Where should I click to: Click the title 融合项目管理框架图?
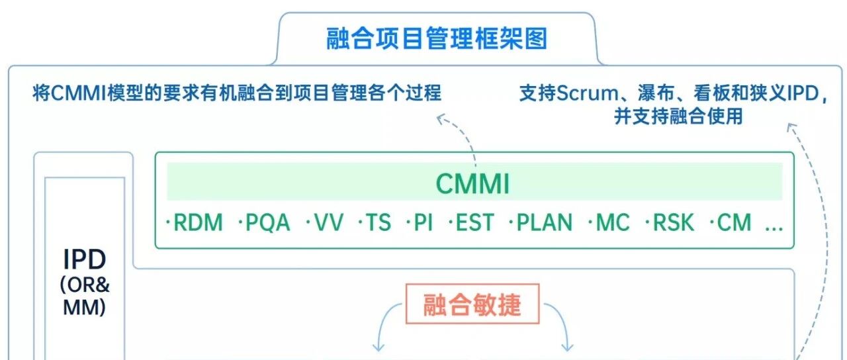437,39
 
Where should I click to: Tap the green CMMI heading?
473,184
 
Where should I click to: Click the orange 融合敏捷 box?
472,304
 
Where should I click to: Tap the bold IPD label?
85,259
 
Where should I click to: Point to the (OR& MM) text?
85,296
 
